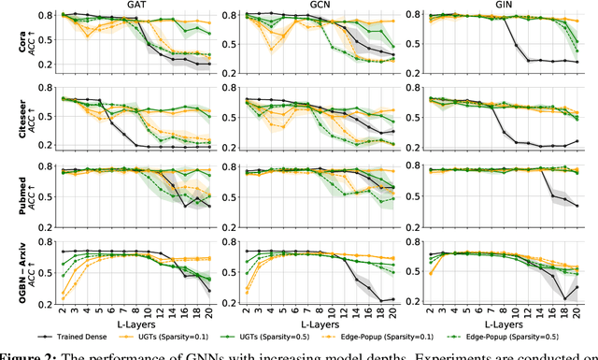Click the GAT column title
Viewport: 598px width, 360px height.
coord(133,6)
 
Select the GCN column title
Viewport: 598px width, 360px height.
coord(317,6)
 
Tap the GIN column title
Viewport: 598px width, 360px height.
coord(502,6)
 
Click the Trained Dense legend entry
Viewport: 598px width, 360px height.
coord(91,333)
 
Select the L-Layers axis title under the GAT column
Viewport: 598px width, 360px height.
coord(135,321)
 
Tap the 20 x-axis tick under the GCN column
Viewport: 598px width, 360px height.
coord(392,311)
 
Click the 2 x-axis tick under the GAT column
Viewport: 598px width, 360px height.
coord(63,311)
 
